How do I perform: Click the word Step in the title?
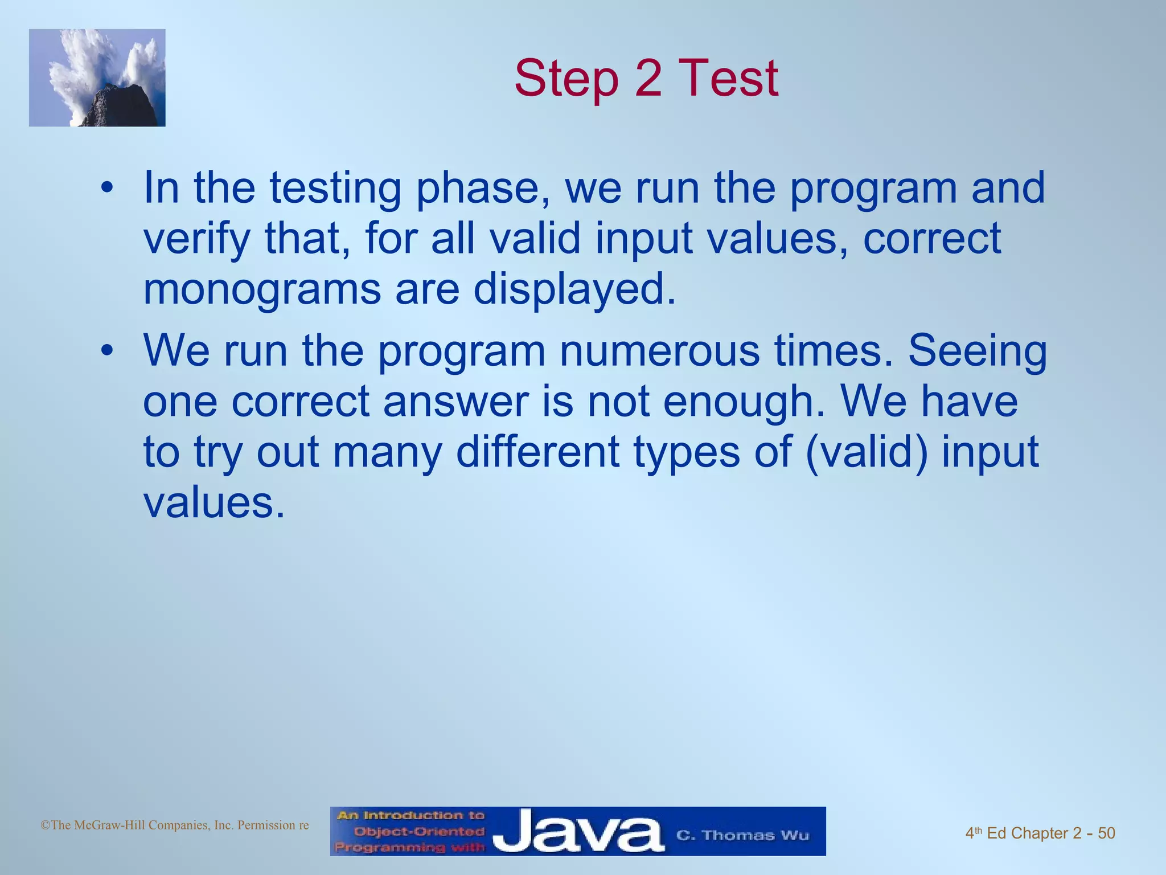(x=566, y=79)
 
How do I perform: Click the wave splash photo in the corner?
(x=97, y=77)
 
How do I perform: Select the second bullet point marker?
(x=107, y=351)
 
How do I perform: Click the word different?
(x=538, y=452)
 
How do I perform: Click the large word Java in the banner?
(x=578, y=833)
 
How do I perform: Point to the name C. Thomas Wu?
(x=742, y=835)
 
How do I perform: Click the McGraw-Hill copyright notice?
(x=175, y=825)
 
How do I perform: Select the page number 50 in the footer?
(x=1106, y=833)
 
